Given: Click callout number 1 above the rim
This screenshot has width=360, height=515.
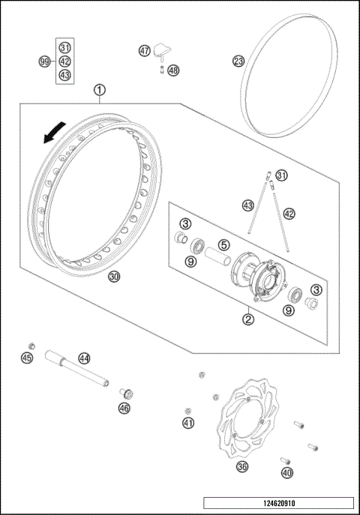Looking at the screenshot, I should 99,91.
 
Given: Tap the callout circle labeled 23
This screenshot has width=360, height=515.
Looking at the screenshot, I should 238,61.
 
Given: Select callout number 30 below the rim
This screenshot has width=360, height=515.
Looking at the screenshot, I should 114,276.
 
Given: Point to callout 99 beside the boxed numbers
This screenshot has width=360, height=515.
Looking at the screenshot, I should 44,61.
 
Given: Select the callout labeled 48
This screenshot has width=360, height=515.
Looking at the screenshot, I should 173,70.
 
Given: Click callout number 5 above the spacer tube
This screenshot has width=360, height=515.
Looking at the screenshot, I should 223,244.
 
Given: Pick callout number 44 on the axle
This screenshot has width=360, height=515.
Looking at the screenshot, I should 85,358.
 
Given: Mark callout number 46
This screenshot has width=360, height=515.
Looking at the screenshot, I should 124,408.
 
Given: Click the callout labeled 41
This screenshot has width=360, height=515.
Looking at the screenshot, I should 188,424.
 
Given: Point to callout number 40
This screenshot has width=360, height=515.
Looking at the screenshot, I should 286,473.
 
